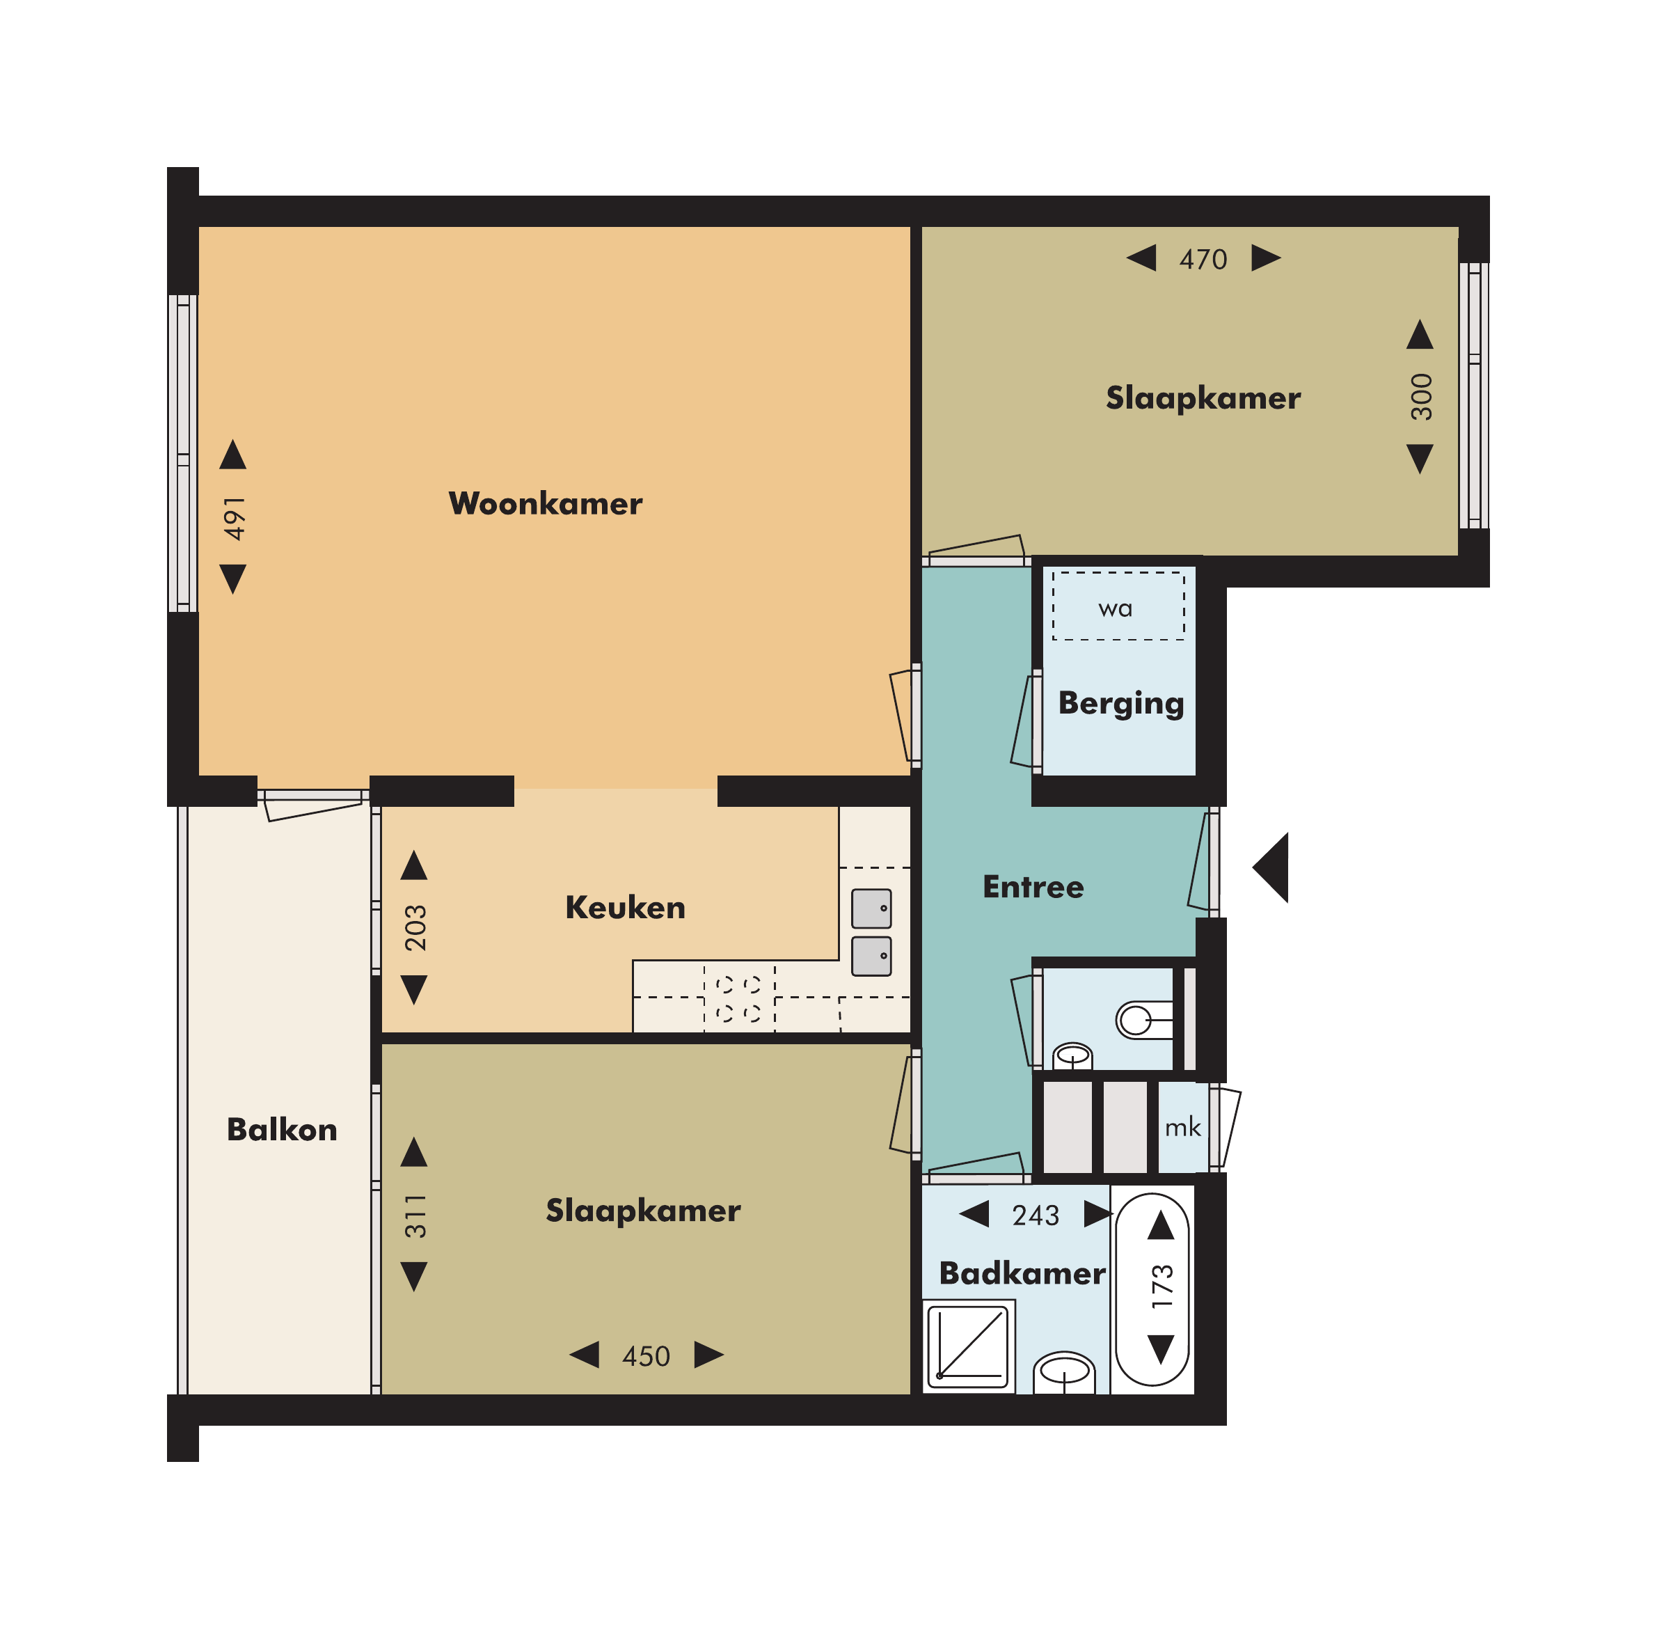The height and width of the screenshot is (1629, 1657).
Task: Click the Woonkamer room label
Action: point(545,503)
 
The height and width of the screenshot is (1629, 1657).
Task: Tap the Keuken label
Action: point(626,907)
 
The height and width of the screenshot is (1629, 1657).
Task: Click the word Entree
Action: point(1033,886)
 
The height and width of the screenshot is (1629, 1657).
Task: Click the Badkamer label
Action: point(1022,1273)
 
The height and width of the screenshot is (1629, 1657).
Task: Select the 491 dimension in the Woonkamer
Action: point(235,518)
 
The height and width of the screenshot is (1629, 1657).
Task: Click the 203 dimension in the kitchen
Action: point(415,927)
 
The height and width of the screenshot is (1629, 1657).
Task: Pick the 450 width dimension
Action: point(646,1356)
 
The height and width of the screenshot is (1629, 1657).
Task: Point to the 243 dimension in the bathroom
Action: point(1035,1215)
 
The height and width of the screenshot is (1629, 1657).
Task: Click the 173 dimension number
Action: point(1162,1286)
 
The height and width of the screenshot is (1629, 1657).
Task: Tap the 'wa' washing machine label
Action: point(1116,609)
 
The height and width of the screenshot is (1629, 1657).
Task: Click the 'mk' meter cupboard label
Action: point(1182,1128)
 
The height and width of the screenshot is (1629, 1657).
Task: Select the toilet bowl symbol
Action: point(1143,1020)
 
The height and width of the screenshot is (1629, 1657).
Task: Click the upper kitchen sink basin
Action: point(872,908)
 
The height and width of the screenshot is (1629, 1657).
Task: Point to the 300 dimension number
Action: point(1421,396)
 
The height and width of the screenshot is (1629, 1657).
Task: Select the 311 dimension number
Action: point(415,1215)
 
